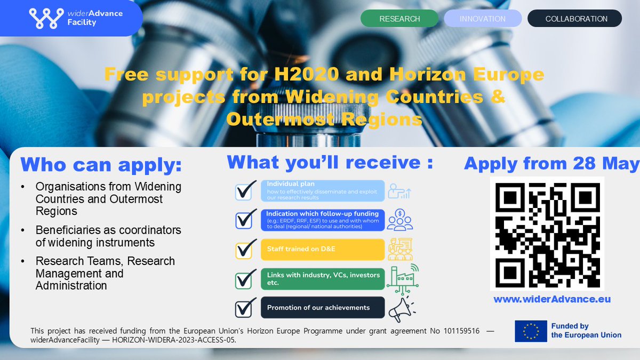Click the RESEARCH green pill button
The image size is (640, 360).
click(399, 19)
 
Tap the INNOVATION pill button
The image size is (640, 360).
click(483, 19)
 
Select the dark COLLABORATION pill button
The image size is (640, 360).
click(575, 19)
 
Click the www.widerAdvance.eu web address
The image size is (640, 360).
click(552, 299)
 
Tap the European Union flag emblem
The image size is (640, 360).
click(531, 331)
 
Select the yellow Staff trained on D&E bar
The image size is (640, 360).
click(323, 249)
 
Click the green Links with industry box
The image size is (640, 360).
click(323, 278)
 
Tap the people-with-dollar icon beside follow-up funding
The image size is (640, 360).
click(399, 219)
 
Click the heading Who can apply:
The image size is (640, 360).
click(101, 165)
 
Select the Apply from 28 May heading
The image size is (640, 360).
click(551, 164)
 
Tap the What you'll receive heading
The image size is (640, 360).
click(330, 162)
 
